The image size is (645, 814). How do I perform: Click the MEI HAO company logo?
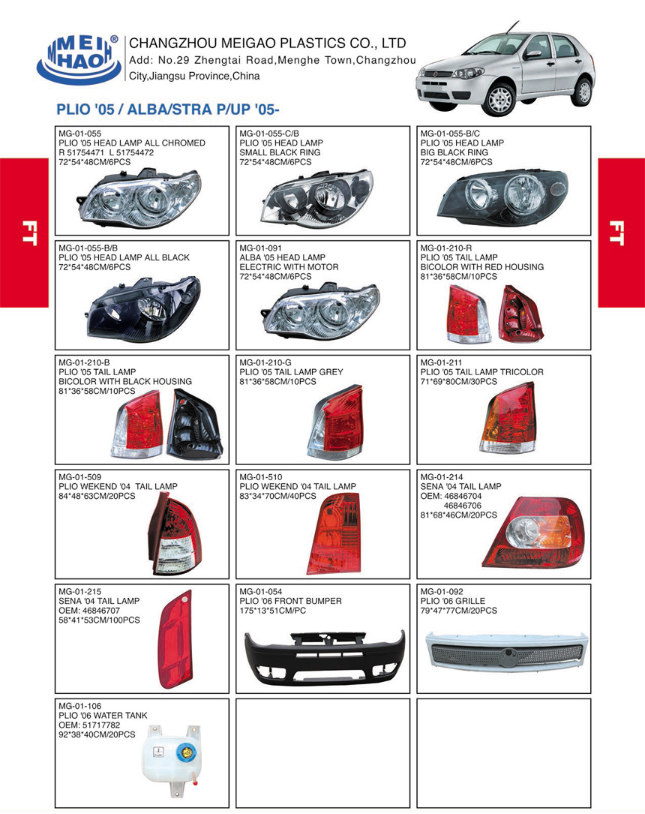coord(78,58)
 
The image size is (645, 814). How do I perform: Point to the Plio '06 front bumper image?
coord(324,647)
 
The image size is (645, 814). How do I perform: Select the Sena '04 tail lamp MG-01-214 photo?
coord(531,532)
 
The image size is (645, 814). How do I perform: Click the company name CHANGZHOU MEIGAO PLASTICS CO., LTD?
coord(268,43)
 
